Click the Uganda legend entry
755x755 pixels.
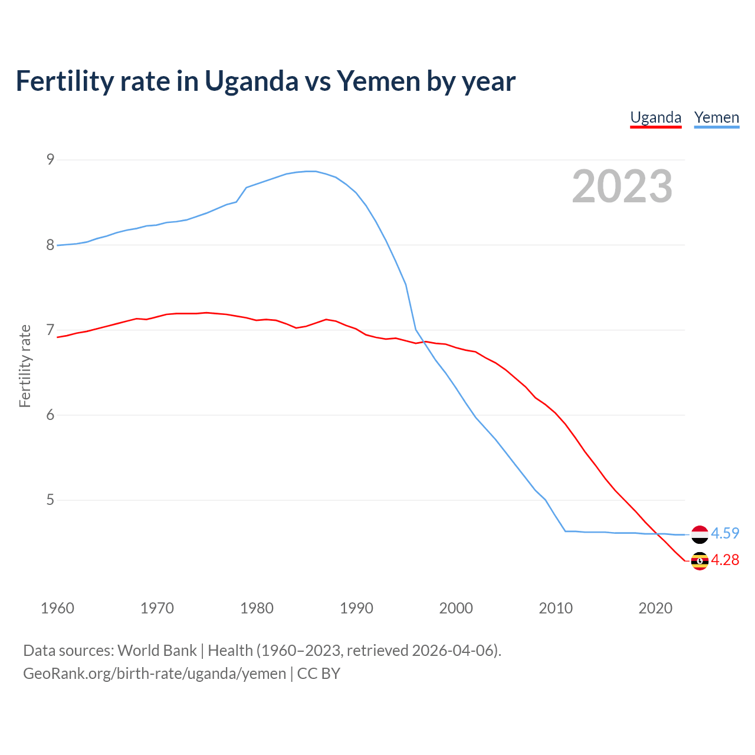[655, 117]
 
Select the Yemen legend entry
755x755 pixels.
[716, 117]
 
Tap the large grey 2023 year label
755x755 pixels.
[622, 186]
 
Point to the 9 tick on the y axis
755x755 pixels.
[50, 159]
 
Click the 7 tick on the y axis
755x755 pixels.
[50, 330]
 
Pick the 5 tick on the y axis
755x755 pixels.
[50, 500]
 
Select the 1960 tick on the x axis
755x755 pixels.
[57, 608]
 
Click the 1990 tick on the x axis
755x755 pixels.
[356, 608]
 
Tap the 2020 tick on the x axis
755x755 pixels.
[655, 608]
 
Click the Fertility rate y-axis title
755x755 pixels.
[25, 366]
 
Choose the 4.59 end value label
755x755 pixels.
[725, 533]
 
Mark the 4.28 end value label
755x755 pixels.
[725, 560]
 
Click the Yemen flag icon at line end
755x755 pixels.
[700, 534]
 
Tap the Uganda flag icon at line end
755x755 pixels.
[700, 561]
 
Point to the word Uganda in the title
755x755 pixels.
[251, 81]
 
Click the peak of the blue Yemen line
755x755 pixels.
[311, 171]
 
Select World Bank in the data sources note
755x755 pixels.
[157, 651]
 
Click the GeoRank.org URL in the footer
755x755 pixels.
[155, 674]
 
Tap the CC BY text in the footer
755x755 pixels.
[319, 674]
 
